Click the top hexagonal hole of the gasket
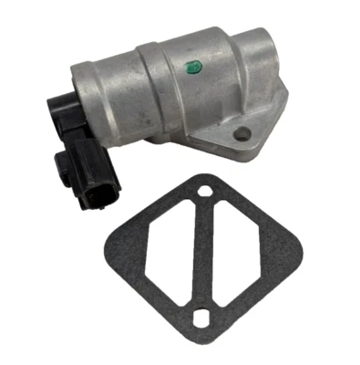coord(206,192)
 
